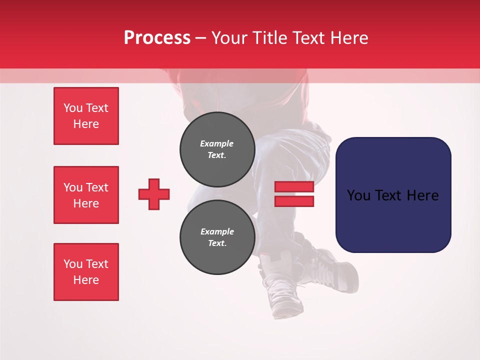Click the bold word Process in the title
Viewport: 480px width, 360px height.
[x=157, y=38]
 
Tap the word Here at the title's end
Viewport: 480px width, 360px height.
[x=348, y=38]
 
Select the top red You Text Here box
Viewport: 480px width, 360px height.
[x=86, y=116]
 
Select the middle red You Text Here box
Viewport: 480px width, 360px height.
[x=86, y=195]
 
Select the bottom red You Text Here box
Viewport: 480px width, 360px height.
[x=86, y=272]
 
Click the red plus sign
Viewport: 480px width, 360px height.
[x=154, y=194]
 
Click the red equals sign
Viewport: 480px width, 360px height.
[x=294, y=194]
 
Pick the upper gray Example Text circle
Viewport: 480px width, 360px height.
[x=217, y=149]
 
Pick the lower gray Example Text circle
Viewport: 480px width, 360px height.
[x=217, y=237]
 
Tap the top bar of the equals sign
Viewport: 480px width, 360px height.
[x=294, y=186]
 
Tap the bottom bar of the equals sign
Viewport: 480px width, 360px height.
[x=294, y=201]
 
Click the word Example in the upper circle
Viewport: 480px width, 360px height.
[x=217, y=143]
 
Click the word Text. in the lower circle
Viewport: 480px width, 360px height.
[x=217, y=243]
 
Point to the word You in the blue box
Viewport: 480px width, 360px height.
[x=358, y=195]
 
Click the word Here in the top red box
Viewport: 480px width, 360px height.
[x=86, y=124]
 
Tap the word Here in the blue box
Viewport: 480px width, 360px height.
[x=422, y=195]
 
